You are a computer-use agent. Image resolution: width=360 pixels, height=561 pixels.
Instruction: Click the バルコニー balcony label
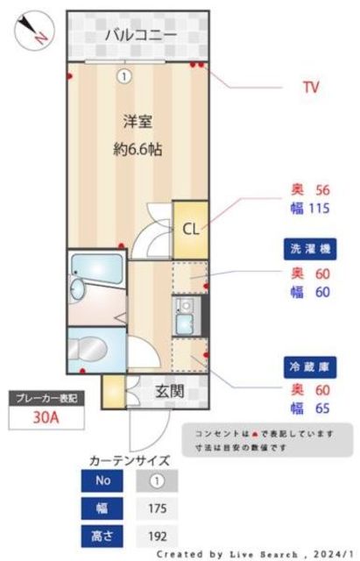(x=140, y=35)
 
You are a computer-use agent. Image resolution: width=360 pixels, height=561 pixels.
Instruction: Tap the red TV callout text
(x=310, y=88)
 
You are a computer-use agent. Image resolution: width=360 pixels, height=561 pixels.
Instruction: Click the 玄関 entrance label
(x=169, y=391)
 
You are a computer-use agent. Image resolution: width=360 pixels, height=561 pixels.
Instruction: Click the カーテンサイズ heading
(x=130, y=459)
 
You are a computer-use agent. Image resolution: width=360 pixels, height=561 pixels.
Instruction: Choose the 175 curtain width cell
(x=157, y=508)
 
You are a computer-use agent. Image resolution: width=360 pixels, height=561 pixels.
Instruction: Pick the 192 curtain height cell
(x=157, y=535)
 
